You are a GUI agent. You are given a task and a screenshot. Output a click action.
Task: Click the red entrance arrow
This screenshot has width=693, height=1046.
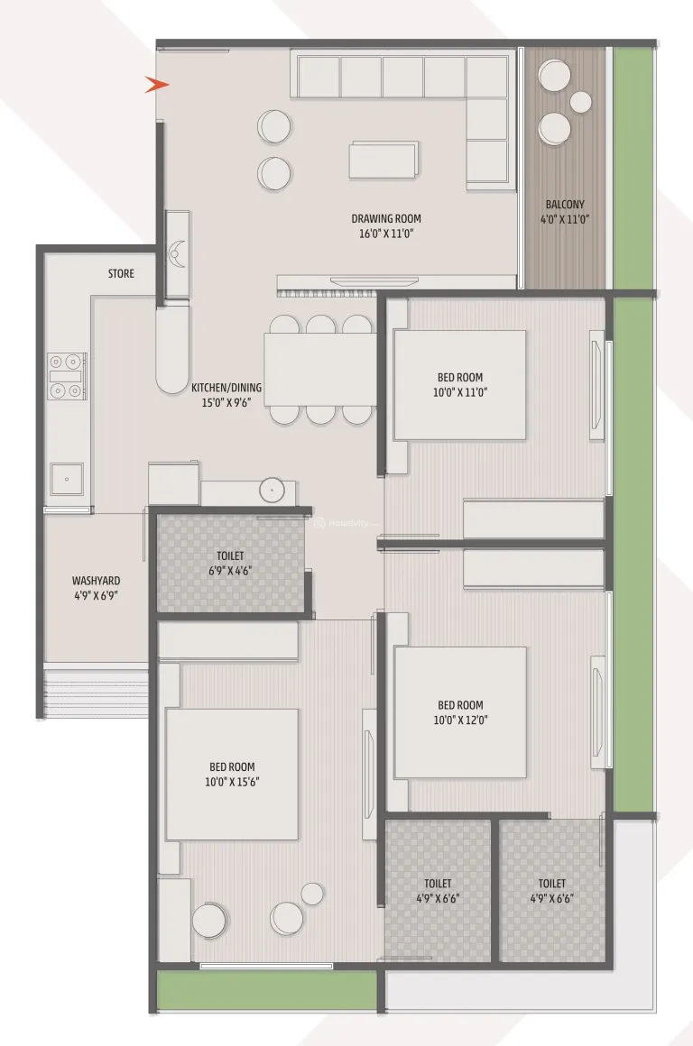(x=158, y=85)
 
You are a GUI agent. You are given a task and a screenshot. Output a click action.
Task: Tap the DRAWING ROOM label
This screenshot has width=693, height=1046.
(x=385, y=218)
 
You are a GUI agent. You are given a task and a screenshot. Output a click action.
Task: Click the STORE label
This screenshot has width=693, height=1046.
(x=121, y=273)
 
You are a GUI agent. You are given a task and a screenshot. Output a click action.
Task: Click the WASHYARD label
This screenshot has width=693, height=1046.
(x=97, y=581)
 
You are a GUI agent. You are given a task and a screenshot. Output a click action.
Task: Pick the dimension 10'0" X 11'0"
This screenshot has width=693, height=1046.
(x=460, y=392)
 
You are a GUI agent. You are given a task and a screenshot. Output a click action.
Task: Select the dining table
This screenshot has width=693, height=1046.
(x=320, y=370)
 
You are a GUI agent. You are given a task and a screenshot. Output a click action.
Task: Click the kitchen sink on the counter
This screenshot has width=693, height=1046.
(x=68, y=478)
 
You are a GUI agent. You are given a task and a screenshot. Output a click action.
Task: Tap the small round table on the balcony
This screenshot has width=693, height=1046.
(x=581, y=101)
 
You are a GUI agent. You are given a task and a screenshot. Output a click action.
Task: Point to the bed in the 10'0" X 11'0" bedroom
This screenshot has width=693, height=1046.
(x=459, y=385)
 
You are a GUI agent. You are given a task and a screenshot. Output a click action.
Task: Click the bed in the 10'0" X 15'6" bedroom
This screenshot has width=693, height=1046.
(x=231, y=774)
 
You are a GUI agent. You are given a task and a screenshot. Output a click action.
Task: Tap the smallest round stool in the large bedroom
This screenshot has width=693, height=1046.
(x=312, y=894)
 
